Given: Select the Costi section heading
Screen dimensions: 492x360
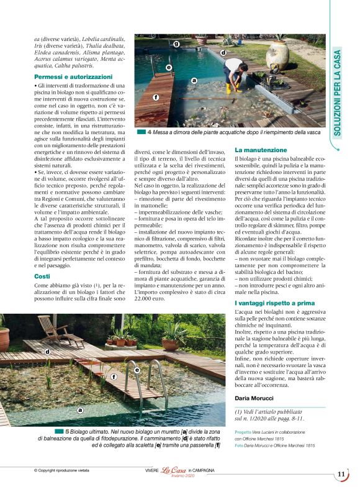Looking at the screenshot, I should point(42,275).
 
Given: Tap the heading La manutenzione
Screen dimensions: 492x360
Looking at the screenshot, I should point(261,150).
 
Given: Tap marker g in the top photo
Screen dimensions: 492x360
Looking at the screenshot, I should point(176,44).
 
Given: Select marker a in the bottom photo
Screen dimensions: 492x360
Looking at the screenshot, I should point(79,410).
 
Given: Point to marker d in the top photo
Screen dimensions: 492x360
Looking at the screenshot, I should point(223,53).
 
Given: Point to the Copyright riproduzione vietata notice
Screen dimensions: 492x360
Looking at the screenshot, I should point(62,471).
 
